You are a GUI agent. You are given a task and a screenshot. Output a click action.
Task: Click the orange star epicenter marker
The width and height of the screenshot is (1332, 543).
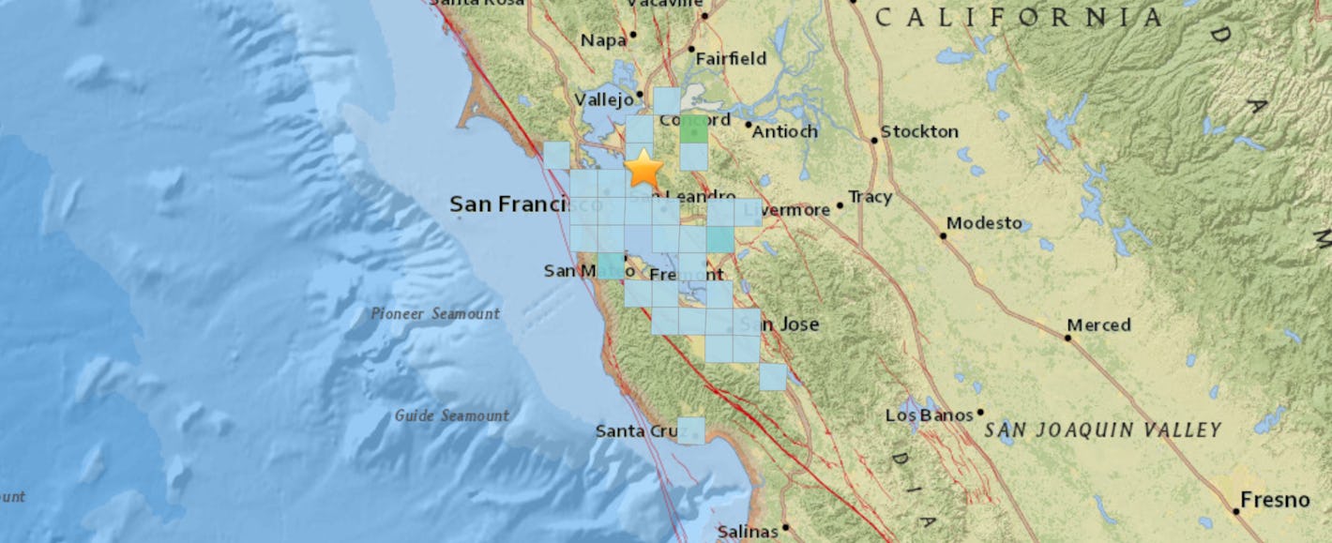[644, 169]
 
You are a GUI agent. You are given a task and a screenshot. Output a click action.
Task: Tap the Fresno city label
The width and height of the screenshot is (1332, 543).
[1274, 501]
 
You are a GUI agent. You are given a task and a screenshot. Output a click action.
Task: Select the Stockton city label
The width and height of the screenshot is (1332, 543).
[920, 131]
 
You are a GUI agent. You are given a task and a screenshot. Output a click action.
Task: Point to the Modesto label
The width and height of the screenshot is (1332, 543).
[984, 223]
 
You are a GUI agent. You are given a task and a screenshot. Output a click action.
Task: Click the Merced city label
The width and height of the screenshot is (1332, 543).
[1099, 324]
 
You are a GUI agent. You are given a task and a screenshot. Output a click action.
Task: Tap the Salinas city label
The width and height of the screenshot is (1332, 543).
[748, 532]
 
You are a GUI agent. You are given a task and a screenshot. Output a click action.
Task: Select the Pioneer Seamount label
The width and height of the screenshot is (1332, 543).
[434, 314]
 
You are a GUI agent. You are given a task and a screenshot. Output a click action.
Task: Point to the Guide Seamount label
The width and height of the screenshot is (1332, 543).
[452, 415]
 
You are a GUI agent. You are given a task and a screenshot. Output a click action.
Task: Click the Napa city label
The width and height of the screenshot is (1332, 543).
[602, 39]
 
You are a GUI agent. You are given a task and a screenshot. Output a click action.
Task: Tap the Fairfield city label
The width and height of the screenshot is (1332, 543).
[731, 58]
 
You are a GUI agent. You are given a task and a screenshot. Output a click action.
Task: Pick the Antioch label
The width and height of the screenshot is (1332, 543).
[786, 131]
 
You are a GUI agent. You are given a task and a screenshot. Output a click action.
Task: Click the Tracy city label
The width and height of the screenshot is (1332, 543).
[869, 197]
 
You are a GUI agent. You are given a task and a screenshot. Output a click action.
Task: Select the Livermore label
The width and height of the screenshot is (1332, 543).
[786, 210]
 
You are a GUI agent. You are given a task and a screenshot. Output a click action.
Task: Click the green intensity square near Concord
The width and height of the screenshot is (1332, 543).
[694, 130]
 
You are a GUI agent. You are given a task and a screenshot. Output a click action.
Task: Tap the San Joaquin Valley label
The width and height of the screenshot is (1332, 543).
[1103, 430]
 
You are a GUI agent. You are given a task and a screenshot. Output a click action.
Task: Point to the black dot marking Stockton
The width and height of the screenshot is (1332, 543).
[874, 141]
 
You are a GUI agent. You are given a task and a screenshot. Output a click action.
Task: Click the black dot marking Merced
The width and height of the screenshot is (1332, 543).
[1067, 337]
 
